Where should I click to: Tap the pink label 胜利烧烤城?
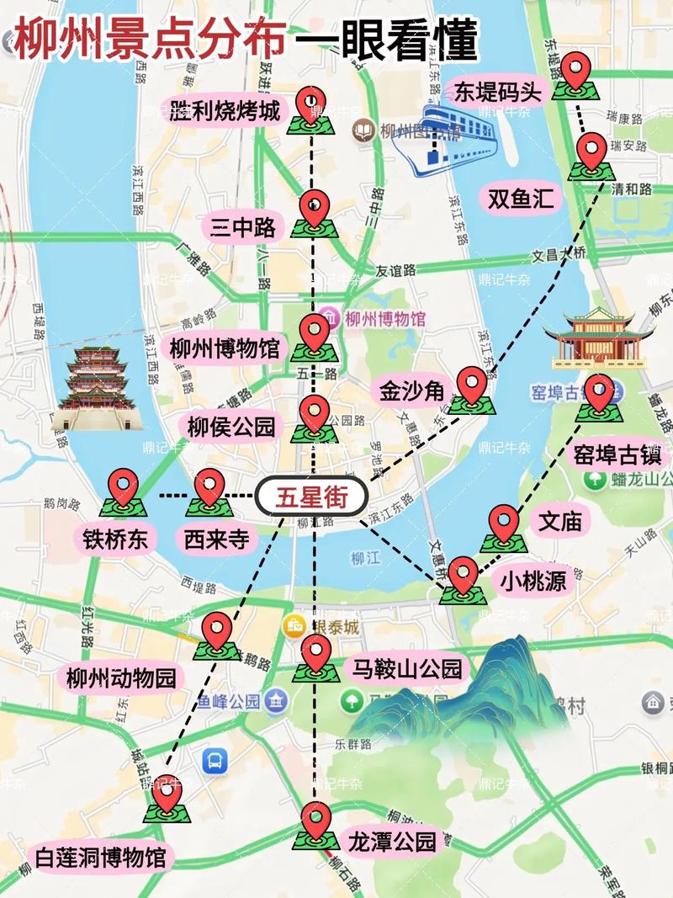point(225,110)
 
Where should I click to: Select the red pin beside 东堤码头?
point(576,71)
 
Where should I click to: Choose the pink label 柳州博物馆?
point(225,348)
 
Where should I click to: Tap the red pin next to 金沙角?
point(472,385)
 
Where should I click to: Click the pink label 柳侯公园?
point(231,427)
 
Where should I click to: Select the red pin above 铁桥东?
point(125,487)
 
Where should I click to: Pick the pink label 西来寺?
point(216,539)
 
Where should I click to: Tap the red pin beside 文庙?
point(503,523)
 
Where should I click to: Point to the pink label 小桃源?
point(533,580)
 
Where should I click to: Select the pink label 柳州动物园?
point(121,677)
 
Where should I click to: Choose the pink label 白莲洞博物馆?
point(101,858)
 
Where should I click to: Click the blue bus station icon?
point(215,762)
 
